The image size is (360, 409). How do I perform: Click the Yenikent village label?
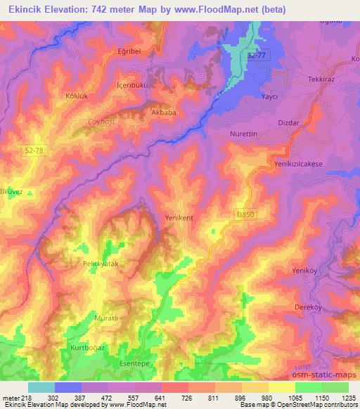pos(179,218)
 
